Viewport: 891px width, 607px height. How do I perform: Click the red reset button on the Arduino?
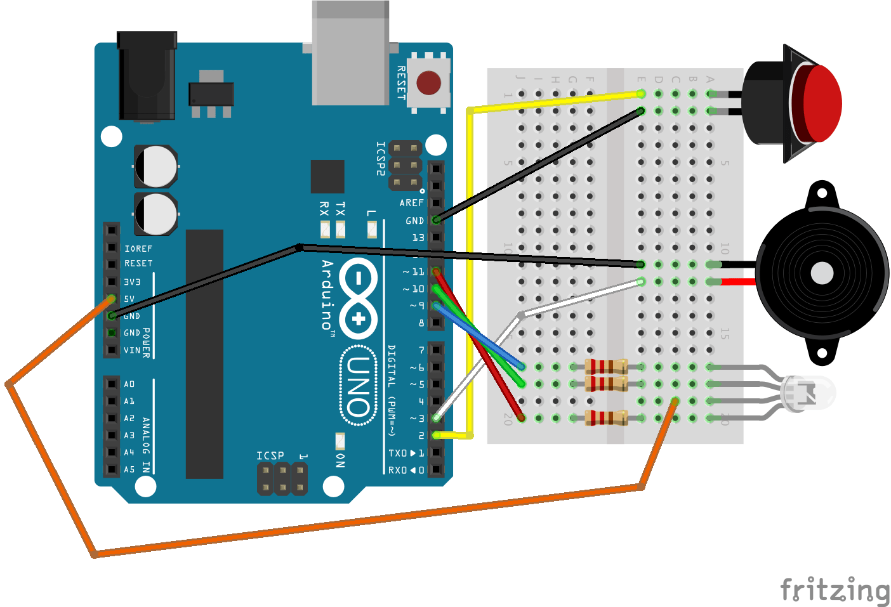pyautogui.click(x=428, y=82)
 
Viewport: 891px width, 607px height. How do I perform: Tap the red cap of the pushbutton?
pyautogui.click(x=821, y=103)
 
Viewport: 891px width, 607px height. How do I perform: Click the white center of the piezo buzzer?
pyautogui.click(x=822, y=273)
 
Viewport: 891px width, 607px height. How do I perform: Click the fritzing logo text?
pyautogui.click(x=835, y=590)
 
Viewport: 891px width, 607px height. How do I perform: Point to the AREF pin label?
pyautogui.click(x=411, y=203)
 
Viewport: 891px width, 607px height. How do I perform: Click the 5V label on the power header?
pyautogui.click(x=129, y=299)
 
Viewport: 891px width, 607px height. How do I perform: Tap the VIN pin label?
pyautogui.click(x=132, y=350)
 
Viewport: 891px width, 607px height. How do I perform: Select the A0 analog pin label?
pyautogui.click(x=129, y=384)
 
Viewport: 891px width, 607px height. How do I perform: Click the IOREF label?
pyautogui.click(x=138, y=249)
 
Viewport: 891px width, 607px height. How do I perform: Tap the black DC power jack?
pyautogui.click(x=147, y=76)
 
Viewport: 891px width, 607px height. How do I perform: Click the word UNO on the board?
pyautogui.click(x=359, y=386)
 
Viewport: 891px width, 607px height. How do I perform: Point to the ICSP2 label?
pyautogui.click(x=380, y=159)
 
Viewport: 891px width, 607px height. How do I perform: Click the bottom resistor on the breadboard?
pyautogui.click(x=606, y=417)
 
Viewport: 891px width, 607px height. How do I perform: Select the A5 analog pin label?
pyautogui.click(x=129, y=470)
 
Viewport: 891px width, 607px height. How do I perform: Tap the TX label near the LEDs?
pyautogui.click(x=340, y=209)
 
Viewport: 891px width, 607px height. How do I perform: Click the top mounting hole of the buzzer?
pyautogui.click(x=822, y=192)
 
